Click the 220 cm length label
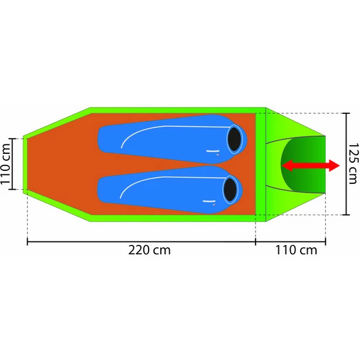click(149, 250)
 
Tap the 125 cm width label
click(353, 164)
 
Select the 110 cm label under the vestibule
click(296, 250)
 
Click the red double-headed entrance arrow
click(311, 166)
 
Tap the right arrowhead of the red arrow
click(335, 166)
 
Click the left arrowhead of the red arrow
click(287, 166)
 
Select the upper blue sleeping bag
click(172, 139)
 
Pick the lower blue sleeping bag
click(170, 190)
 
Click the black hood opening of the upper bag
click(235, 139)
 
